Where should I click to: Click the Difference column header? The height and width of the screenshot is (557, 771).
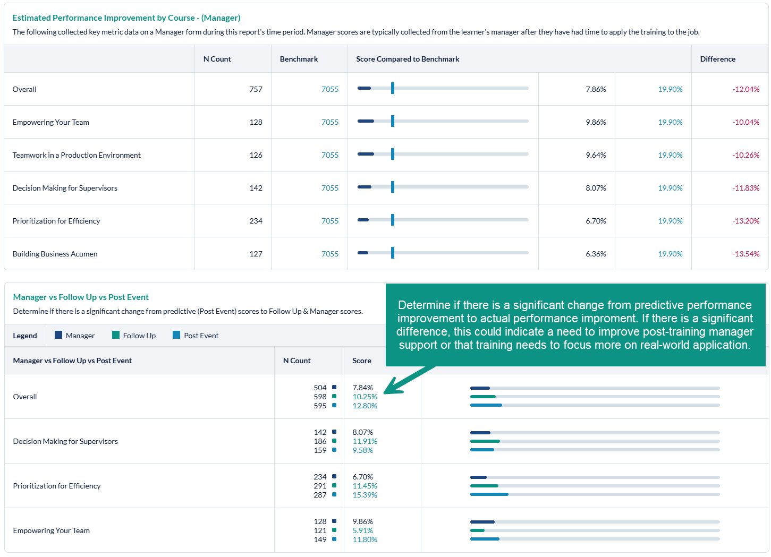pyautogui.click(x=717, y=59)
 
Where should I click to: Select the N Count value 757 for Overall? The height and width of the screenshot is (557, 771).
pyautogui.click(x=256, y=89)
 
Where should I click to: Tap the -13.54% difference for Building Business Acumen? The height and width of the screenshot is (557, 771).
pyautogui.click(x=745, y=254)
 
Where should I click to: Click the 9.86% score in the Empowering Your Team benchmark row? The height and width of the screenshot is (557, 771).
pyautogui.click(x=596, y=122)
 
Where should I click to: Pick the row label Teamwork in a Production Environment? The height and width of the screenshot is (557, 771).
pyautogui.click(x=77, y=155)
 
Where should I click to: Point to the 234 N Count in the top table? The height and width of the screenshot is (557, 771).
pyautogui.click(x=256, y=221)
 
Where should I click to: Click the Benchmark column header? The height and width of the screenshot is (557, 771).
pyautogui.click(x=299, y=59)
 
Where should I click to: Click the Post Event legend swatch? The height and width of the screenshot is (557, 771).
pyautogui.click(x=176, y=335)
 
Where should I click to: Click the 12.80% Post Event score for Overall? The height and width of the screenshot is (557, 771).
pyautogui.click(x=365, y=406)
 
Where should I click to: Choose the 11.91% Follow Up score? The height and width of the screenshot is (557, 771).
pyautogui.click(x=365, y=441)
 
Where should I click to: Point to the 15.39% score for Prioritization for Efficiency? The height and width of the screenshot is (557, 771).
pyautogui.click(x=365, y=495)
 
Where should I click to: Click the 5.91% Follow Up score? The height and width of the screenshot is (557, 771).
pyautogui.click(x=362, y=530)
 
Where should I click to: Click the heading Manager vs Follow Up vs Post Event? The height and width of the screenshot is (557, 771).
pyautogui.click(x=81, y=297)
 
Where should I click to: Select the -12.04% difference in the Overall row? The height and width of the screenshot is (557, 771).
pyautogui.click(x=745, y=89)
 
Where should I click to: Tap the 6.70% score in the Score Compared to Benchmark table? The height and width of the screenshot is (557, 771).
pyautogui.click(x=596, y=221)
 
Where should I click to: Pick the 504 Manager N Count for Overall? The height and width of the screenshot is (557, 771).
pyautogui.click(x=320, y=388)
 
